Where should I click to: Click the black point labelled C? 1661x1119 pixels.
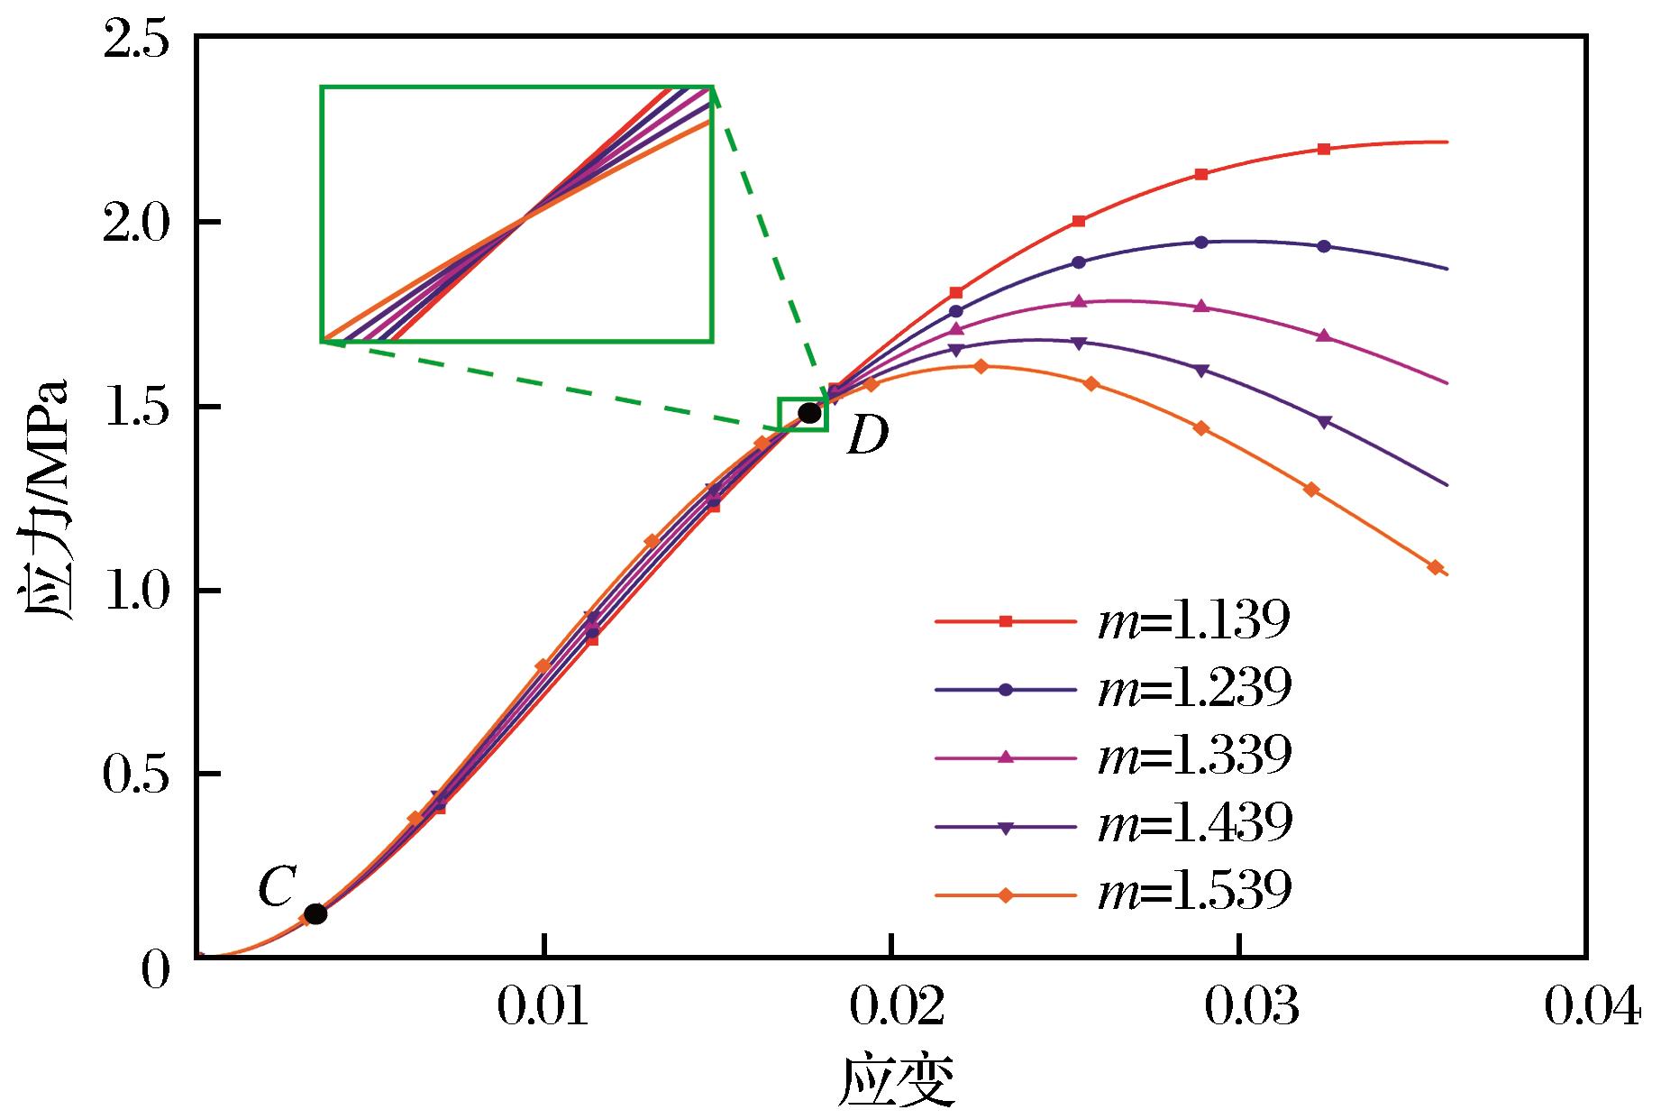click(315, 913)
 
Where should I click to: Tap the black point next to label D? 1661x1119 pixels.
click(809, 413)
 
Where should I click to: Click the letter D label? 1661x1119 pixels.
click(867, 436)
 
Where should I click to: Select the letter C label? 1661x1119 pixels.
click(275, 888)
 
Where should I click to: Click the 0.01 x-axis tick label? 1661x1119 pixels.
click(543, 1008)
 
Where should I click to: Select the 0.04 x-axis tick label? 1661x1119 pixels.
click(1592, 1008)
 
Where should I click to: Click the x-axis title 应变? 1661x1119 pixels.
click(897, 1082)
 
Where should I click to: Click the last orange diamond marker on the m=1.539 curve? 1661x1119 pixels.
click(1435, 567)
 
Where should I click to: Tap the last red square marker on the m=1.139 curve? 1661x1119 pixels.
click(1323, 149)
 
